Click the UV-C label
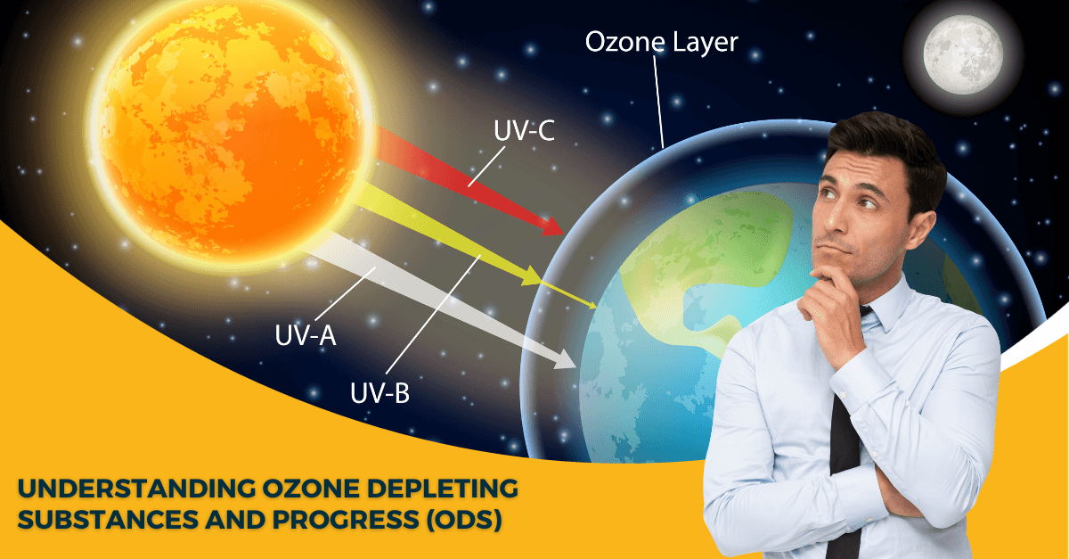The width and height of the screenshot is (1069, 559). (x=524, y=130)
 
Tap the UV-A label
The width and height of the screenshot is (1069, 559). (x=306, y=335)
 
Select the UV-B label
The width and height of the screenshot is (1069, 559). (x=379, y=393)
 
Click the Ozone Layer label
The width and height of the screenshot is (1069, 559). (x=661, y=42)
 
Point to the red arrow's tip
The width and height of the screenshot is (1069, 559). (x=563, y=233)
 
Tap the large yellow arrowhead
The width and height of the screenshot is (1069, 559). (x=531, y=275)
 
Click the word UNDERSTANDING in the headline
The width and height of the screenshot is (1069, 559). (x=136, y=489)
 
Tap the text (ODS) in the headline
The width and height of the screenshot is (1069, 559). (x=463, y=520)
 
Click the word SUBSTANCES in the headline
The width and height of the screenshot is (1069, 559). (x=109, y=520)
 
